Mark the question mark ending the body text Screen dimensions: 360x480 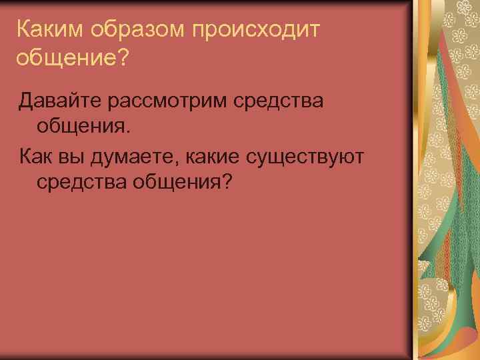click(x=228, y=181)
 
